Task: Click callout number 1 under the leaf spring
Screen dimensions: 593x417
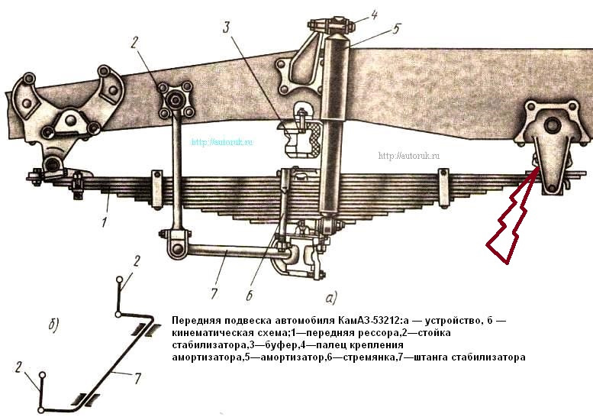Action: click(105, 221)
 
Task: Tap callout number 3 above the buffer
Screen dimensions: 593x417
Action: click(226, 27)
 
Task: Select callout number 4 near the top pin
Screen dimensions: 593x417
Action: click(374, 15)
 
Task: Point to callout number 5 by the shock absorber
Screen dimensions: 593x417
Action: click(396, 29)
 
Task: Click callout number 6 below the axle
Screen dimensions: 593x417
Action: click(249, 295)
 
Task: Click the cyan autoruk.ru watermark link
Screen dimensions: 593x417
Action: click(222, 142)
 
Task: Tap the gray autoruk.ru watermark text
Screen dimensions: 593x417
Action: click(409, 156)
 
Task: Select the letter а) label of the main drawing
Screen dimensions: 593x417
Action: click(330, 298)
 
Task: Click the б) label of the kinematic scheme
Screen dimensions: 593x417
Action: click(54, 325)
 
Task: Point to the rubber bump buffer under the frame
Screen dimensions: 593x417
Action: click(302, 138)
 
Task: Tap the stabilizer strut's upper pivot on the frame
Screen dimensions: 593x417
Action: click(175, 101)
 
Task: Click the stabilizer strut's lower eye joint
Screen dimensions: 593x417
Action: click(176, 249)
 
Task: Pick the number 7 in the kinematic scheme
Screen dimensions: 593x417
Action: click(137, 377)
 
